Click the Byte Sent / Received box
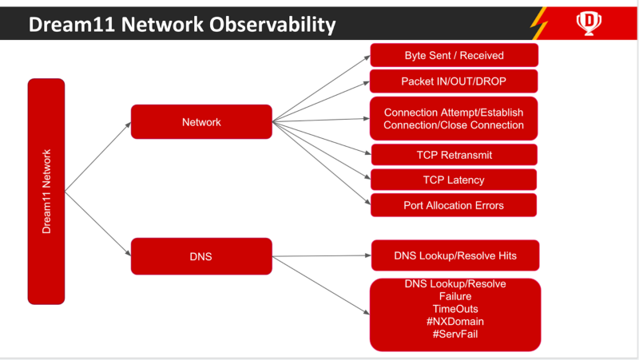pyautogui.click(x=454, y=55)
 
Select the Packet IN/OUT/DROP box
pyautogui.click(x=454, y=81)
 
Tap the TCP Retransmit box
pyautogui.click(x=454, y=155)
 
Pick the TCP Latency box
pyautogui.click(x=454, y=180)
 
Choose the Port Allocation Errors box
pyautogui.click(x=454, y=205)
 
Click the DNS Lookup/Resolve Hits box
pyautogui.click(x=455, y=255)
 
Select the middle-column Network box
pyautogui.click(x=201, y=122)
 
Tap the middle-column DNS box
pyautogui.click(x=201, y=256)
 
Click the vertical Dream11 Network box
pyautogui.click(x=46, y=192)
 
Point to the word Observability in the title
pyautogui.click(x=272, y=25)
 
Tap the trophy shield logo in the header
pyautogui.click(x=589, y=23)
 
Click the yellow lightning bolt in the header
pyautogui.click(x=538, y=23)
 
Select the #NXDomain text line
pyautogui.click(x=455, y=322)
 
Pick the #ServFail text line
pyautogui.click(x=455, y=334)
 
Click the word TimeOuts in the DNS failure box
pyautogui.click(x=455, y=309)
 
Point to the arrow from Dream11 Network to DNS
pyautogui.click(x=97, y=224)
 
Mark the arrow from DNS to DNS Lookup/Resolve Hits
pyautogui.click(x=322, y=255)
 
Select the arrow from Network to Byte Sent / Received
pyautogui.click(x=321, y=89)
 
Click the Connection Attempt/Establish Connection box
pyautogui.click(x=454, y=118)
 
